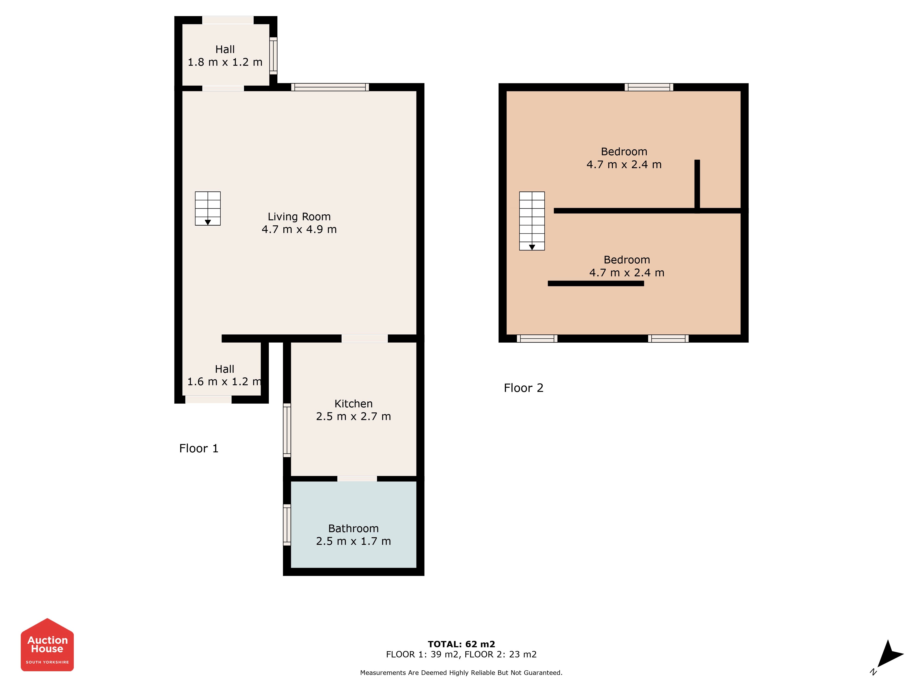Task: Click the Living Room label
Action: point(299,223)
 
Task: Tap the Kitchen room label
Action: point(354,410)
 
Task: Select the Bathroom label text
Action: point(354,535)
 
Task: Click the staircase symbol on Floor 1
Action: point(208,209)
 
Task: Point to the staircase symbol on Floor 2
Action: point(532,221)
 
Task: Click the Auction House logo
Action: point(47,645)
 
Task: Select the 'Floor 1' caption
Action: point(199,448)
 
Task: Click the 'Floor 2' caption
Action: point(524,388)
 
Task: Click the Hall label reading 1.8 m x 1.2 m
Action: point(225,56)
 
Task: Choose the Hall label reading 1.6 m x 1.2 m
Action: point(225,375)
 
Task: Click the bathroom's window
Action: point(287,525)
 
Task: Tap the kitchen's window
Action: point(287,430)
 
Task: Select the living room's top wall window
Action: point(330,87)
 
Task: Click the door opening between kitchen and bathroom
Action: point(357,479)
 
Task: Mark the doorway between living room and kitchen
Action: point(365,339)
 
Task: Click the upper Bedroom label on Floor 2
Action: point(624,158)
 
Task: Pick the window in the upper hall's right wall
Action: point(273,56)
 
